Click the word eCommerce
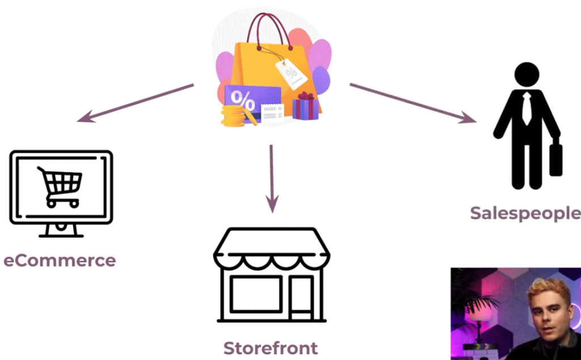coord(60,261)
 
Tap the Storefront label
coord(271,348)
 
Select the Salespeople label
coord(525,213)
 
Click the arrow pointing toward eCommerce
coord(135,103)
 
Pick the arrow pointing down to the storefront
coord(272,179)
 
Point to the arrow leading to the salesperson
coord(413,103)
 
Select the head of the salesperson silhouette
coord(527,74)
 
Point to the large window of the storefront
coord(256,294)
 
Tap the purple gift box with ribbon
coord(305,106)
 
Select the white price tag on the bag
coord(291,73)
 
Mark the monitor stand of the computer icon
coord(61,231)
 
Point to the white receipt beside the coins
coord(272,112)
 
